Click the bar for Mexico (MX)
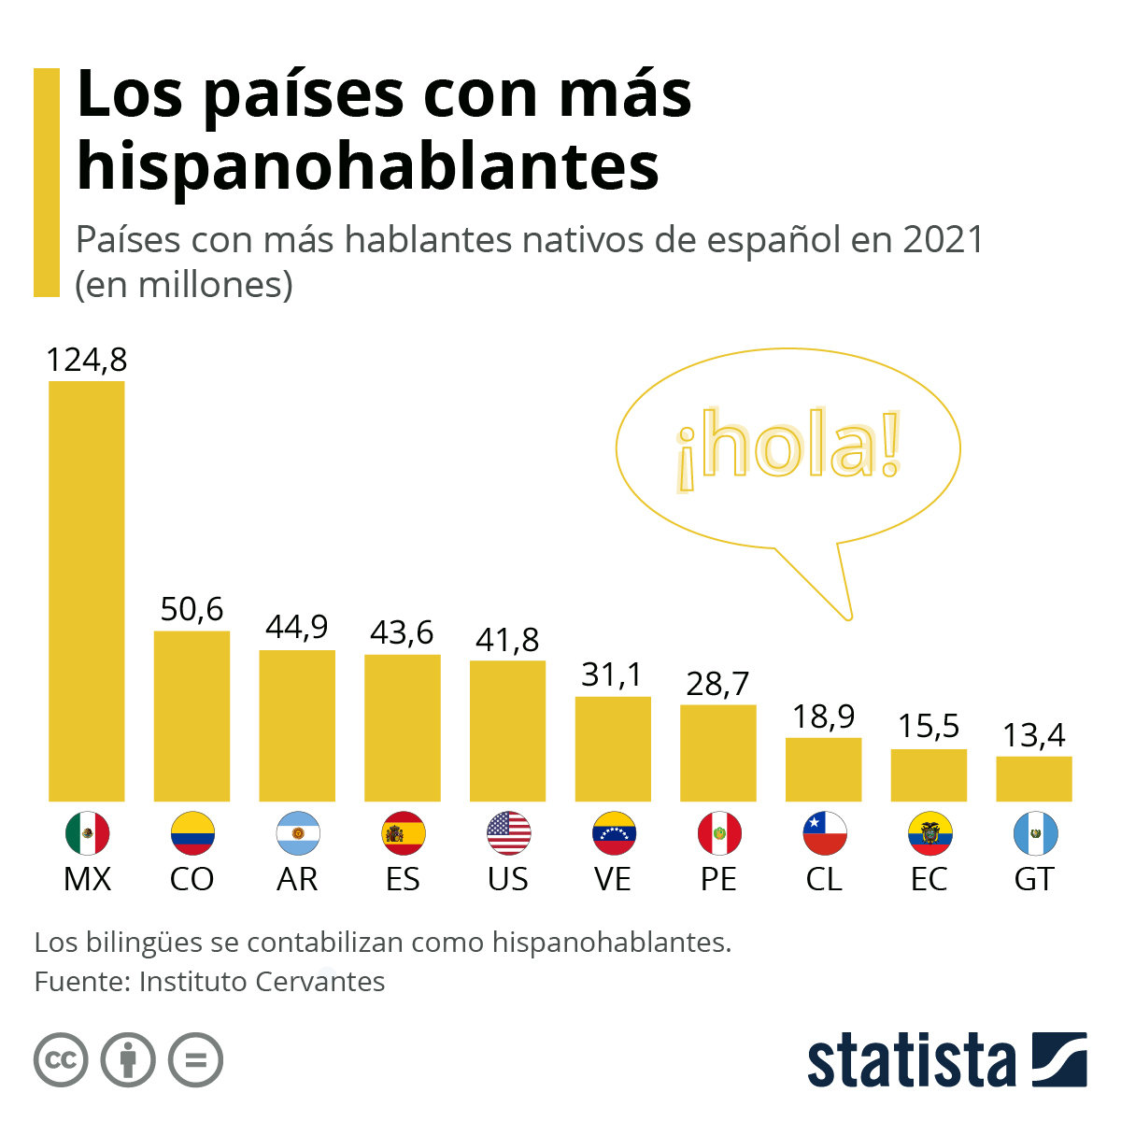coord(86,590)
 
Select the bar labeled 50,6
coord(192,716)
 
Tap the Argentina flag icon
coord(298,833)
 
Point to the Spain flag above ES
coord(404,833)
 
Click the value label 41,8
coord(507,640)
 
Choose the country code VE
coord(613,879)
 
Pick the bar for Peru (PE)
coord(717,753)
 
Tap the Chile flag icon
coord(824,833)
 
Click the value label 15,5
coord(929,727)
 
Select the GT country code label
coord(1034,879)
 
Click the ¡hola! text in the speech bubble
coord(788,447)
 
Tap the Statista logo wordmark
coord(911,1061)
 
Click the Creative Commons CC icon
coord(61,1060)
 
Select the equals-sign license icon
coord(195,1060)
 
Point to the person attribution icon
coord(128,1060)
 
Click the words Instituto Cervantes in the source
coord(262,982)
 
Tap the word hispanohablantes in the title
coord(368,165)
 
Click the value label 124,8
coord(86,361)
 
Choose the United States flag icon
coord(508,833)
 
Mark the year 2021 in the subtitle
coord(944,240)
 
